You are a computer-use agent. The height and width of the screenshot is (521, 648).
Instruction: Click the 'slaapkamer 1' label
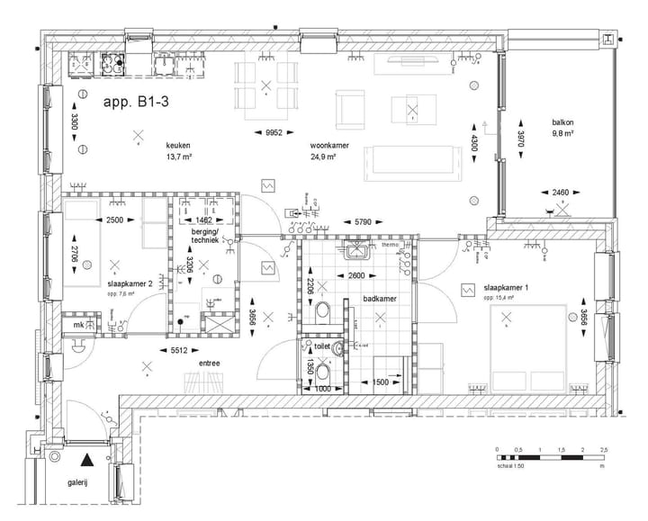[x=506, y=286]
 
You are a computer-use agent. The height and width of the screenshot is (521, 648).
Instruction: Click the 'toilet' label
[x=320, y=345]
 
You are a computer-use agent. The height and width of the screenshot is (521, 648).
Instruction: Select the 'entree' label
[x=211, y=364]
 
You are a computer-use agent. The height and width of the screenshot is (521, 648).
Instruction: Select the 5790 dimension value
[x=364, y=220]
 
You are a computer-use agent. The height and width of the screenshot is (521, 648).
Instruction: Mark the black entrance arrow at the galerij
[x=86, y=459]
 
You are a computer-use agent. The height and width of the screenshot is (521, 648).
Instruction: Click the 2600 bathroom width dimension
[x=356, y=276]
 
